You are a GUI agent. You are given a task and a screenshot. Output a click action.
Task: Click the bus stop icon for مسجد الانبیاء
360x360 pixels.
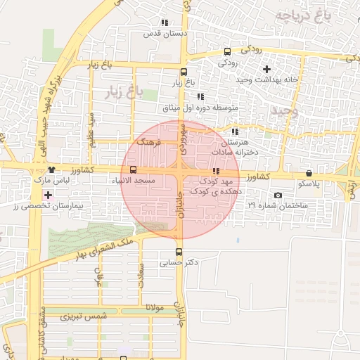point(134,169)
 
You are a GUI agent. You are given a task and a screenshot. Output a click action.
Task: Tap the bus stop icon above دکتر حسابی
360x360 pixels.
point(179,252)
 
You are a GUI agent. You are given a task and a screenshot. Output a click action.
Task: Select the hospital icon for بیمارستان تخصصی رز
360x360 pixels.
point(47,195)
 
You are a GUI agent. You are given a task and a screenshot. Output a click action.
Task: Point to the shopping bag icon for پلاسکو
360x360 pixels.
point(309,173)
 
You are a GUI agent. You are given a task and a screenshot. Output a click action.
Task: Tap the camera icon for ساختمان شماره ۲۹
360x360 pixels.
point(278,195)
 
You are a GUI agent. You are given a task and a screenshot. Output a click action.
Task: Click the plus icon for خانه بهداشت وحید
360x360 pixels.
point(266,69)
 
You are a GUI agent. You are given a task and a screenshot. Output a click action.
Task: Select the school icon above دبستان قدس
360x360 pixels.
point(164,22)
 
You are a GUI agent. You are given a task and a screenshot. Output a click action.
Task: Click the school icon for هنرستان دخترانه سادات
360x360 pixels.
point(234,131)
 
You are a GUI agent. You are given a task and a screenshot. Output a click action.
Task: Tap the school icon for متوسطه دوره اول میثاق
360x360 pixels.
point(200,96)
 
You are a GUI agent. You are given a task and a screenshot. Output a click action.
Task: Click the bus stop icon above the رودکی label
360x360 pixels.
point(226,51)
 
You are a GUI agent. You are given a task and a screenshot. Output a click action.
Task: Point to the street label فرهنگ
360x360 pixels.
point(150,142)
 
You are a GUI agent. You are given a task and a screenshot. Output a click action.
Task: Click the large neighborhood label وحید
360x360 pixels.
point(284,112)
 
